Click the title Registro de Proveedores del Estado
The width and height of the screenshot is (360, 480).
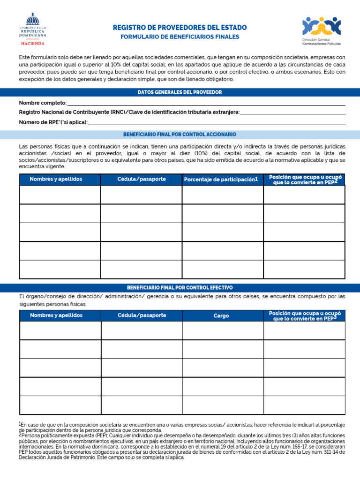coord(180,28)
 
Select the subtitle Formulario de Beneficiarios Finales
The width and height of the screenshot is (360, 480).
coord(180,37)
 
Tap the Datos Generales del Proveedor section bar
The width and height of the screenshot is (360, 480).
coord(180,92)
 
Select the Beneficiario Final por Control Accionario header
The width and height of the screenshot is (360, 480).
coord(180,135)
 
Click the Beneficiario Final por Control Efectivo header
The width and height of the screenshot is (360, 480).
coord(180,287)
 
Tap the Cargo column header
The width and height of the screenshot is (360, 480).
coord(221,315)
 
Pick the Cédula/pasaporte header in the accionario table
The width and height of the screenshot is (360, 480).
coord(142,179)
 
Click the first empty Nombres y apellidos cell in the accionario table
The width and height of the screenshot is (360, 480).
coord(60,195)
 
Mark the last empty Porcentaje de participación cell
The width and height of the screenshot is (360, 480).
coord(223,270)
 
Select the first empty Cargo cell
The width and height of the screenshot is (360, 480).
coord(223,330)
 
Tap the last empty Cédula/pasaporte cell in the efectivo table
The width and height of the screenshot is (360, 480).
coord(142,405)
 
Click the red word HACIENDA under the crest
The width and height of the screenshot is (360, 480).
coord(33,43)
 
